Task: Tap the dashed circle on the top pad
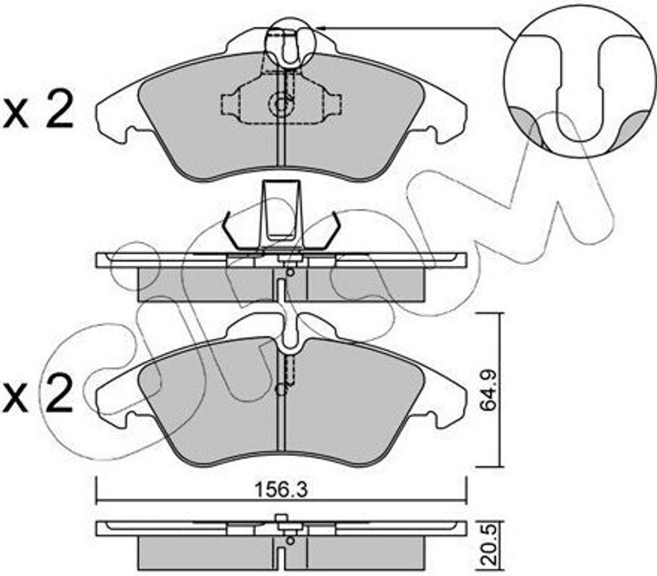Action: pyautogui.click(x=279, y=103)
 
